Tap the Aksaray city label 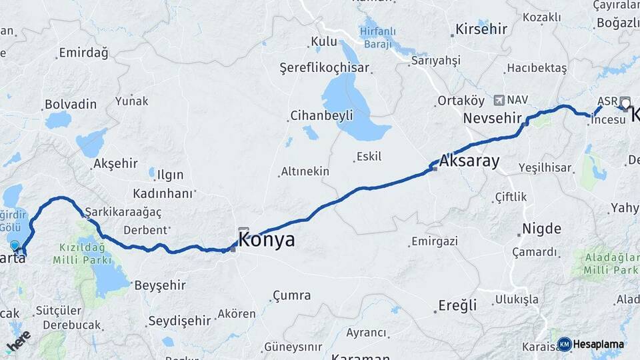(x=470, y=161)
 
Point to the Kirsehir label (x=481, y=29)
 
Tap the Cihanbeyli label (x=321, y=115)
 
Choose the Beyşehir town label (x=160, y=285)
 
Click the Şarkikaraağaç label (x=123, y=211)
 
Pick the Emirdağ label (x=83, y=53)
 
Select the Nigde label (x=541, y=229)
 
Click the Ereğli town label (x=457, y=305)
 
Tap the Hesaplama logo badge (x=590, y=344)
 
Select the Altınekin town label (x=305, y=171)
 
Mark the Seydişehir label (x=179, y=321)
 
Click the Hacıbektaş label (x=537, y=68)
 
